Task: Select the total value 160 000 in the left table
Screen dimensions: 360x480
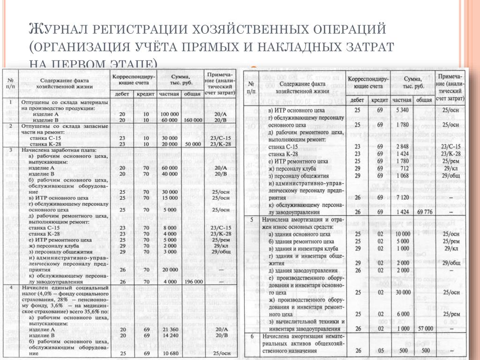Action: tap(193, 120)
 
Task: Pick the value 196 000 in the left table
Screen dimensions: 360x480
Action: tap(193, 282)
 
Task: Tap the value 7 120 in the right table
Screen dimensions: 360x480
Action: tap(403, 197)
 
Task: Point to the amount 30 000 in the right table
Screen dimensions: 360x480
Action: tap(403, 292)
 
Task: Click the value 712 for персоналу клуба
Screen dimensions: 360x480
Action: tap(403, 168)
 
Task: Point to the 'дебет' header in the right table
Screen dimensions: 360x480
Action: tap(358, 100)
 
